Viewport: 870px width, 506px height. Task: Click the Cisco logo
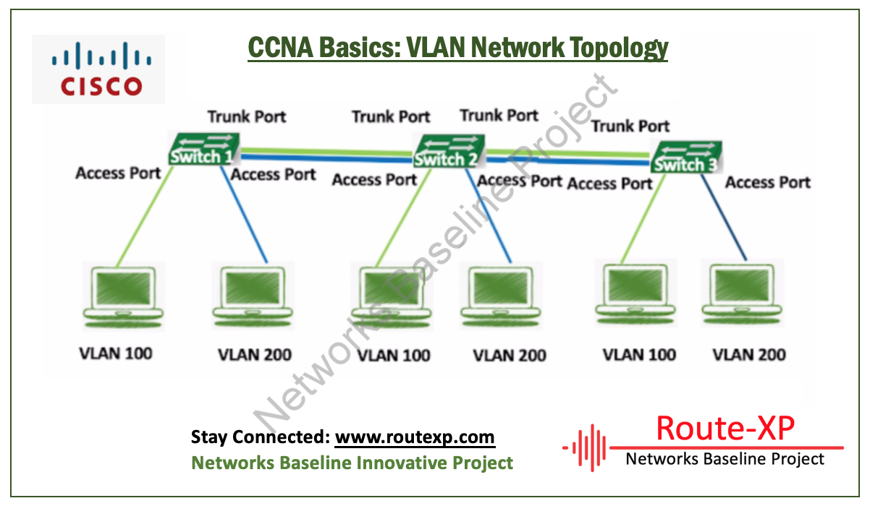[98, 69]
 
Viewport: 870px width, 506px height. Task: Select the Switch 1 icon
[203, 150]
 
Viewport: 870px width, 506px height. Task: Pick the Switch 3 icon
[686, 158]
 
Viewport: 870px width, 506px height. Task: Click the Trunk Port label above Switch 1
[247, 116]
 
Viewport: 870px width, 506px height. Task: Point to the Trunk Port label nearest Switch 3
[630, 126]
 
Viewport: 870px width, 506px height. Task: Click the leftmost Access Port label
[118, 173]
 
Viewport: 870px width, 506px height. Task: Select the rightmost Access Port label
[767, 183]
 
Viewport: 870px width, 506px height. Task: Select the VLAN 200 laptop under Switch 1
[253, 293]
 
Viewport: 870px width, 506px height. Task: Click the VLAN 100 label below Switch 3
[639, 354]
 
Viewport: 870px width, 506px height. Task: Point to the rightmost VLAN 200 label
[749, 354]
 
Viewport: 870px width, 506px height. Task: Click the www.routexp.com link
[415, 437]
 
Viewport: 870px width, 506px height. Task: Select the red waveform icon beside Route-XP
[584, 448]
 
